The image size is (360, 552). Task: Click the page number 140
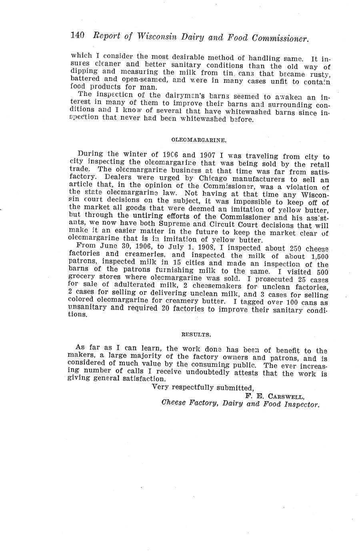point(77,35)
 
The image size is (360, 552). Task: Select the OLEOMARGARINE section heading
point(199,140)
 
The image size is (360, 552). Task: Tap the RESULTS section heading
point(196,333)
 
